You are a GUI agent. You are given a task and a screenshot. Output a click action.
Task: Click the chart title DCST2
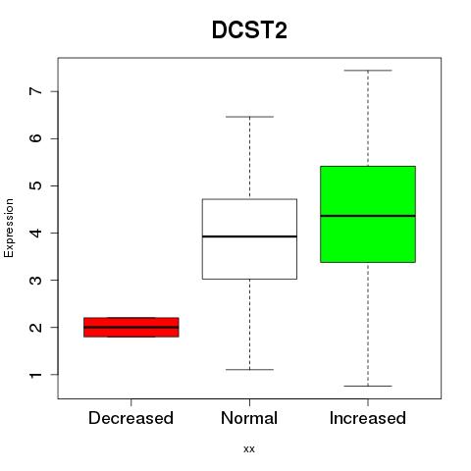[249, 30]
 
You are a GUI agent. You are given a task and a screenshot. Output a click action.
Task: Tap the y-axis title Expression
[9, 228]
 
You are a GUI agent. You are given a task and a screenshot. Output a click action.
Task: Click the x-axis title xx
[249, 448]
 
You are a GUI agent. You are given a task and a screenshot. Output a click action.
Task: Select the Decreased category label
[131, 418]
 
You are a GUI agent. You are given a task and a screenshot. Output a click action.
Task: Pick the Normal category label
[249, 418]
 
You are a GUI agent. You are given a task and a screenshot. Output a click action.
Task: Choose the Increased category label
[368, 418]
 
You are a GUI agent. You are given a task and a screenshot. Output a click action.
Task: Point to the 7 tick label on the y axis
[36, 91]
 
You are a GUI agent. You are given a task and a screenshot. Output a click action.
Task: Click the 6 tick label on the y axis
[36, 138]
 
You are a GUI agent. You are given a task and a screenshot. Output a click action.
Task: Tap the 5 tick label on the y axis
[36, 185]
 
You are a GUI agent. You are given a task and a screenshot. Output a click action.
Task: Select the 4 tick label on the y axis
[36, 233]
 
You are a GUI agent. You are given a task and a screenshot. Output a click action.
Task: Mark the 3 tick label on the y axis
[36, 280]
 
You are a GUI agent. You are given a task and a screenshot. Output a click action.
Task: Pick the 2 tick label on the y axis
[36, 327]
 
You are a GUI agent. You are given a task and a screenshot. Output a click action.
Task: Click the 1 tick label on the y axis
[36, 374]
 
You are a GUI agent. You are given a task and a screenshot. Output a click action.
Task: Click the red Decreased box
[131, 327]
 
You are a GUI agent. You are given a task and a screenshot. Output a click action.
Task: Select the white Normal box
[249, 239]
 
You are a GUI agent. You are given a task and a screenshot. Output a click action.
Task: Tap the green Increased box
[368, 214]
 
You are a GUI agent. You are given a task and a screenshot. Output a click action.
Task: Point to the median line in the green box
[368, 216]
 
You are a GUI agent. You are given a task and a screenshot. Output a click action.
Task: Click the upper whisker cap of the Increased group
[368, 71]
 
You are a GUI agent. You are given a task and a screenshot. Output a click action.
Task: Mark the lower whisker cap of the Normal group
[249, 370]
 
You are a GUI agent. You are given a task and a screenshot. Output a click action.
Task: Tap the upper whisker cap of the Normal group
[249, 117]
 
